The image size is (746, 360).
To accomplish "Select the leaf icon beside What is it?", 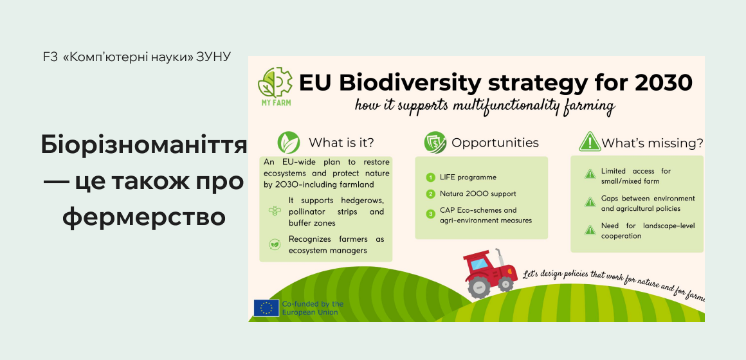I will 289,142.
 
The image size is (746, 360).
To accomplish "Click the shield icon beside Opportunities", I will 435,142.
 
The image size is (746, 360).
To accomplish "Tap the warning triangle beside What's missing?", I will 589,142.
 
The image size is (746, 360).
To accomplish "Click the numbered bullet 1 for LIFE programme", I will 431,177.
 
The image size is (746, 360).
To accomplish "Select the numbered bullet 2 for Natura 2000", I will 431,194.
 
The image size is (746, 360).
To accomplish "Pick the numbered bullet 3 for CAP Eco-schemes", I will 431,214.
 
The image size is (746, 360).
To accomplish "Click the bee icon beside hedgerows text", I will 275,210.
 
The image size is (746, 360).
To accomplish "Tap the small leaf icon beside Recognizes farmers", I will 275,244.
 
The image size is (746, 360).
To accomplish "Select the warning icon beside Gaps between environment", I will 589,203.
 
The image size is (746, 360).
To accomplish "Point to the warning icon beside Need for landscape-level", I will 589,230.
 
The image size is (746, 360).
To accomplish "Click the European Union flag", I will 266,308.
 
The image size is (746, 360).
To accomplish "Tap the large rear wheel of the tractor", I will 478,287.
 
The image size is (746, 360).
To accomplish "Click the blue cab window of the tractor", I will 480,263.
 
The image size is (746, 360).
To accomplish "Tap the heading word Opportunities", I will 495,143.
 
